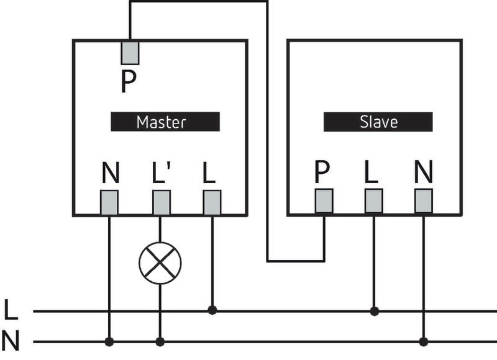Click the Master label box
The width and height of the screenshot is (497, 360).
tap(165, 122)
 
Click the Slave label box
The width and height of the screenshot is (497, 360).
tap(378, 122)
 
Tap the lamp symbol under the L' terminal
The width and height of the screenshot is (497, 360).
tap(160, 263)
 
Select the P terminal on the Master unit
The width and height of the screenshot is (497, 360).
tap(130, 52)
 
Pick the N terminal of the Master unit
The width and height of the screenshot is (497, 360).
tap(109, 202)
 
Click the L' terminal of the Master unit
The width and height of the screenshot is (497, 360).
tap(161, 202)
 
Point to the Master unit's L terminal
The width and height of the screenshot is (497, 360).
tap(212, 202)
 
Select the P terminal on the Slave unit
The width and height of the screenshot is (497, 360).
tap(323, 201)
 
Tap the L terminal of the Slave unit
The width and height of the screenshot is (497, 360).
tap(373, 201)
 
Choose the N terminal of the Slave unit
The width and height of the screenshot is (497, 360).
tap(423, 201)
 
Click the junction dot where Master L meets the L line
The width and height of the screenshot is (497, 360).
tap(212, 310)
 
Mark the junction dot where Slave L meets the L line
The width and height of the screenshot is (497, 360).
tap(374, 310)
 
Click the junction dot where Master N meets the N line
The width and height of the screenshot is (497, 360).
tap(109, 341)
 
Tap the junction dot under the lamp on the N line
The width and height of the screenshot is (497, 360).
tap(160, 341)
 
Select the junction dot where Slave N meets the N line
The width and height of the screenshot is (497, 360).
tap(424, 341)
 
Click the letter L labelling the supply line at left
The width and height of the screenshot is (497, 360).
tap(11, 309)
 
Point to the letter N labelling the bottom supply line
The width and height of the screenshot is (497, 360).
tap(11, 341)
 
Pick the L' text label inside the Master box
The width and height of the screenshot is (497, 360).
tap(161, 173)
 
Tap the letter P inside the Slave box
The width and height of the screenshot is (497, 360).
tap(322, 172)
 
